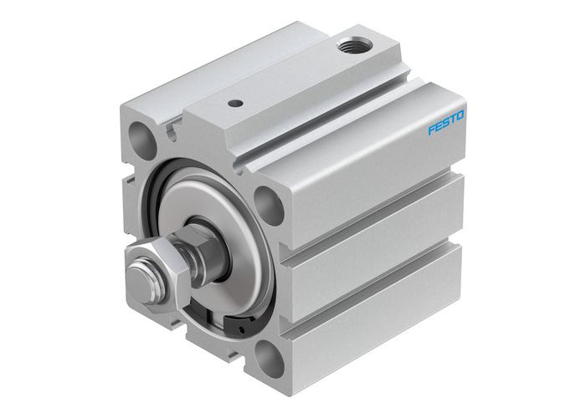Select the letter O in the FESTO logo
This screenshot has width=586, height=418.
463,116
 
